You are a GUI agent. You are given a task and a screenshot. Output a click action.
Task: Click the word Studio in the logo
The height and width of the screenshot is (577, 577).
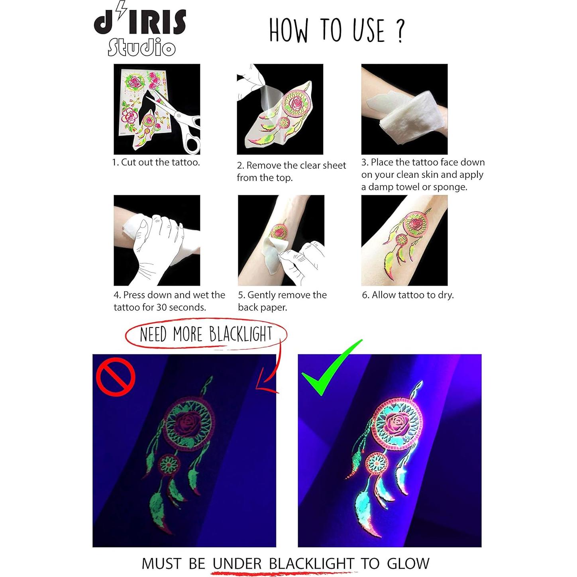(141, 47)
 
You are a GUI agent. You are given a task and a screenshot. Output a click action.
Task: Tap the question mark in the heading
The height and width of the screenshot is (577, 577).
(400, 31)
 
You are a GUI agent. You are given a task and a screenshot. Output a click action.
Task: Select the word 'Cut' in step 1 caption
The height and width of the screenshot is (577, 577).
(128, 162)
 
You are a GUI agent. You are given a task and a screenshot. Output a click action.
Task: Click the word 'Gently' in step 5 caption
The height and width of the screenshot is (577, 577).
(262, 295)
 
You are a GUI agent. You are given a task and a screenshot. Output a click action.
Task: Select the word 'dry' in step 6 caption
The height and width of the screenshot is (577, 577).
(445, 295)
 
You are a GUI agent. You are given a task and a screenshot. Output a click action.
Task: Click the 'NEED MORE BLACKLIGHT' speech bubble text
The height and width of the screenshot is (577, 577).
(206, 334)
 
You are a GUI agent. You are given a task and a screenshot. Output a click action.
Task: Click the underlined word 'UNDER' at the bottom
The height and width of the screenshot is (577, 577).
(237, 563)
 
